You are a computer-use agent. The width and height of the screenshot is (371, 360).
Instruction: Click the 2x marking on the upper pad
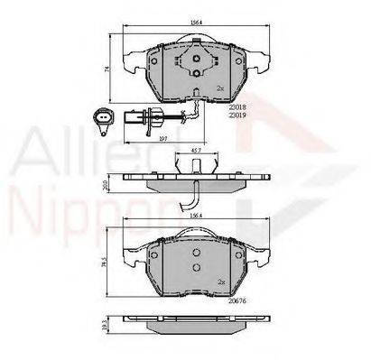(x=219, y=88)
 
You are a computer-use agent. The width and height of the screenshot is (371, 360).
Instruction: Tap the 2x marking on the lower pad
(x=219, y=282)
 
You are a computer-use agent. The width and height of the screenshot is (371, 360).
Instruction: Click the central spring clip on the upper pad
(x=197, y=64)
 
